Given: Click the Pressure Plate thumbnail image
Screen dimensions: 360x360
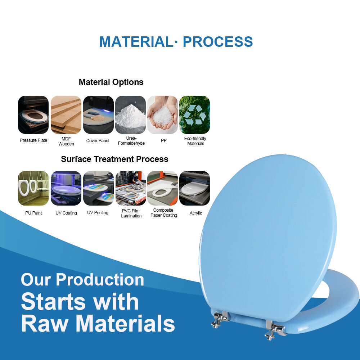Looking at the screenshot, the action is click(33, 115).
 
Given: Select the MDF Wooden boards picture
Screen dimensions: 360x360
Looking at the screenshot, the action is click(66, 115).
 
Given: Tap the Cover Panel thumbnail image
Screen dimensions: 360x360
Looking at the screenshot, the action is click(98, 115).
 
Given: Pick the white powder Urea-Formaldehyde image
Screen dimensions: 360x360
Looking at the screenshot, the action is click(130, 115).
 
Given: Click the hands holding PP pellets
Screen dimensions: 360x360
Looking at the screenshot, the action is click(163, 115).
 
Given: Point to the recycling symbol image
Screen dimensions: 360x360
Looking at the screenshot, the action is click(194, 115).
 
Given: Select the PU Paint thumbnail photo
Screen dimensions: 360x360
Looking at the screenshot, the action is click(33, 188).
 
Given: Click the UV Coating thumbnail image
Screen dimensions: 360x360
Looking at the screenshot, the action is click(66, 188).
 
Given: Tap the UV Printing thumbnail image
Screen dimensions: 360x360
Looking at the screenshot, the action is click(98, 188).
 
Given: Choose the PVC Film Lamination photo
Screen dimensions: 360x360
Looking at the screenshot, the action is click(131, 188).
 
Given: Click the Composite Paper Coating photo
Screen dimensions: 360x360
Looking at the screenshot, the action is click(163, 188).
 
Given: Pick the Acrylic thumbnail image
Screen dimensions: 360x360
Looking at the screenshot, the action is click(194, 188).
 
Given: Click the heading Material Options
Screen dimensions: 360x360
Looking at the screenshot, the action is click(111, 82).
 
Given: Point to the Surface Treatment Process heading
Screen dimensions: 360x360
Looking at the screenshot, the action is click(114, 159).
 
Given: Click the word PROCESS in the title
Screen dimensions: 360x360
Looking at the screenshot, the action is click(218, 42).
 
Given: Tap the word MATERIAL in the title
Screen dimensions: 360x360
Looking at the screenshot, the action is click(136, 42).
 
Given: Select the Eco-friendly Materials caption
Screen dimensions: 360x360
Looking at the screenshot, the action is click(195, 141).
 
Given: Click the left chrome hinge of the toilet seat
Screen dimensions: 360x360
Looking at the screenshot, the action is click(219, 319).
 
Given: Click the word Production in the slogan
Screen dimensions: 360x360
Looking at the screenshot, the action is click(100, 280).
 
